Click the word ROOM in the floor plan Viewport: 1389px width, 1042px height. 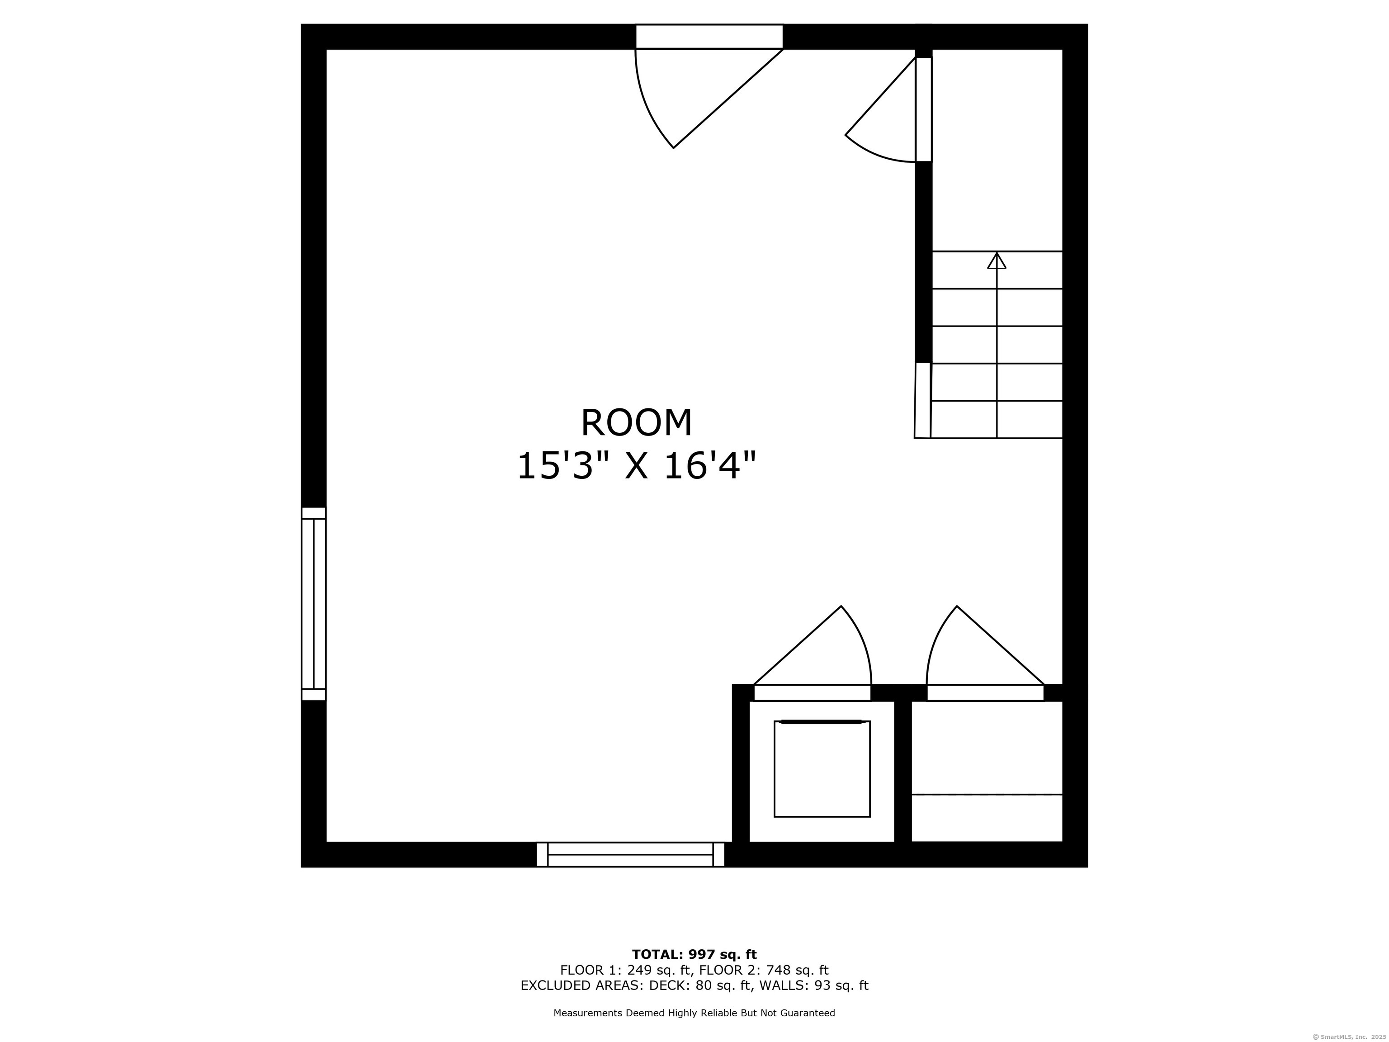pyautogui.click(x=636, y=423)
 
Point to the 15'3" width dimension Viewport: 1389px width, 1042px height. pyautogui.click(x=554, y=467)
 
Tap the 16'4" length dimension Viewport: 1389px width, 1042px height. pyautogui.click(x=709, y=467)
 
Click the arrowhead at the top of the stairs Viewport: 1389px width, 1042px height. pyautogui.click(x=997, y=260)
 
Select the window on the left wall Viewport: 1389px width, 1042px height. pyautogui.click(x=314, y=604)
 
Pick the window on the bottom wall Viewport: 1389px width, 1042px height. pyautogui.click(x=630, y=854)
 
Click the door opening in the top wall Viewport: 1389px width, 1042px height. pyautogui.click(x=709, y=37)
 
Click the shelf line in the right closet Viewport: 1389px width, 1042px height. pyautogui.click(x=987, y=795)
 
